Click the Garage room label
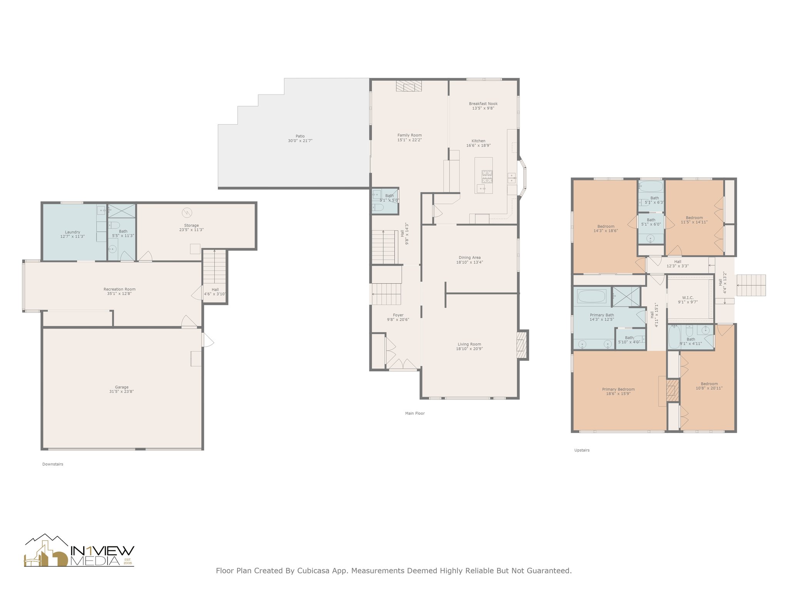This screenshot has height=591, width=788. click(x=122, y=387)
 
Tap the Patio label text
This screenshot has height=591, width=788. click(x=300, y=136)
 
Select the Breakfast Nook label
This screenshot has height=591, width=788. click(x=483, y=104)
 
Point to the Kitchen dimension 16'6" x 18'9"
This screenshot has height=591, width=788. click(x=479, y=145)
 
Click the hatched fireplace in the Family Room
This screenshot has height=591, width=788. click(x=409, y=86)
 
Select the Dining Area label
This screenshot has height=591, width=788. click(x=469, y=258)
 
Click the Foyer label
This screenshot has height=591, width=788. click(x=398, y=315)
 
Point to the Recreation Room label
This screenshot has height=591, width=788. click(x=119, y=289)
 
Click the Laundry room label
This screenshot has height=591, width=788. click(x=72, y=232)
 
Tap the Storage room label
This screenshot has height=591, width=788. click(x=191, y=225)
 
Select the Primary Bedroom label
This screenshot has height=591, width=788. click(x=618, y=389)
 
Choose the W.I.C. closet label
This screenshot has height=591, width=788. click(x=688, y=298)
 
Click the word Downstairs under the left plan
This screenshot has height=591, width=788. click(x=53, y=464)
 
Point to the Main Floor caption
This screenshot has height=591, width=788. click(x=415, y=413)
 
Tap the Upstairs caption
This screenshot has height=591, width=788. click(x=582, y=450)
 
